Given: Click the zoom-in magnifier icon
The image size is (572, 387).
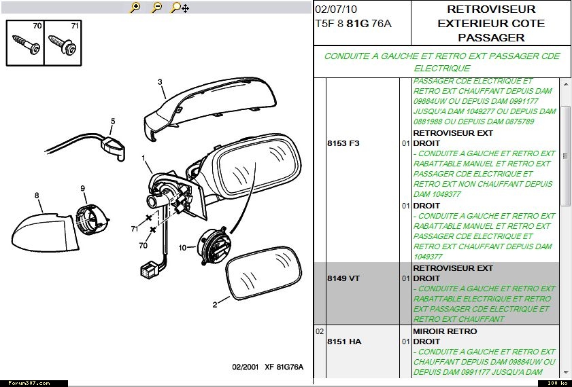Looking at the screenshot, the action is point(135,7).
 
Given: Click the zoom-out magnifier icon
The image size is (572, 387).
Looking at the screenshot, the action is point(157,7).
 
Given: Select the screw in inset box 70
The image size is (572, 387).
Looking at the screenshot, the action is point(26,44).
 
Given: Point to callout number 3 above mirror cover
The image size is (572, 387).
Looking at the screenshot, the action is point(160,82).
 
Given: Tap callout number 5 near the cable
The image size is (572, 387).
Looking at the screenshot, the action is point(113,122).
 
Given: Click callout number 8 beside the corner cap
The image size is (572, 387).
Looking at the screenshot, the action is point(37,196).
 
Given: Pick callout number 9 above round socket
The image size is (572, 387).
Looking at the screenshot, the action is point(83,188).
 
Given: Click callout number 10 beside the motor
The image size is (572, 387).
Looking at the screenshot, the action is point(183,248).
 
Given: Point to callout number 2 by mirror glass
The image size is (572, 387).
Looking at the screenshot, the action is point(215,305).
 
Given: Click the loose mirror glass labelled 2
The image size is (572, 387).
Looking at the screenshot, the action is point(263,273).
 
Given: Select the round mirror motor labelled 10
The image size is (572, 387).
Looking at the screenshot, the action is point(214,247).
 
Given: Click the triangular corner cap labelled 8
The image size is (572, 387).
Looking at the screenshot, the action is point(44,232).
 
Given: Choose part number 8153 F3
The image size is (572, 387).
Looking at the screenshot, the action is point(343,143).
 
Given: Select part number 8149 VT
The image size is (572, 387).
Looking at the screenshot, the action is point(343,278).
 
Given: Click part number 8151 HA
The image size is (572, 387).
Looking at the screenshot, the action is point(344,342).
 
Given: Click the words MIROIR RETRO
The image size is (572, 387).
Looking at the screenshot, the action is point(445,331).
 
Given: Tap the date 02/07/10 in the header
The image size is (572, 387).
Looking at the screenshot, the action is point(336,10).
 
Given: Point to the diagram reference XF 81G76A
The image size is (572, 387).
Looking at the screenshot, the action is point(284,367).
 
